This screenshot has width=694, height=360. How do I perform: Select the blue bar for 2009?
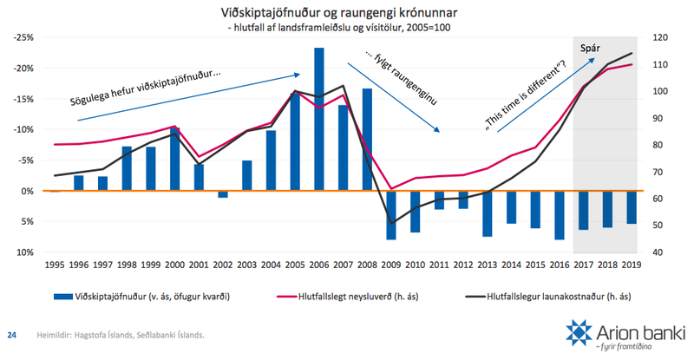click(x=391, y=214)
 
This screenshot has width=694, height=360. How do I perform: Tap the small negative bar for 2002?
click(x=223, y=194)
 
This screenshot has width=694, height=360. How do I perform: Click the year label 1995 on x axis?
click(x=55, y=264)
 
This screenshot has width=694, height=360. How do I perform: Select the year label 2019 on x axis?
click(x=632, y=264)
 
